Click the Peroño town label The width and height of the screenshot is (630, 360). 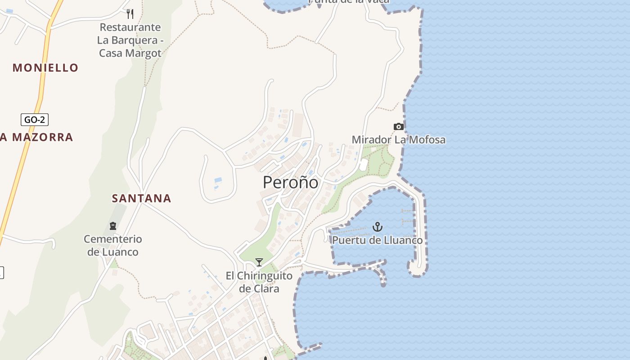(x=290, y=182)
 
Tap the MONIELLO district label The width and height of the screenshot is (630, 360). (x=45, y=68)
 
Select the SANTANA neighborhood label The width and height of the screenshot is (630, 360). (x=141, y=198)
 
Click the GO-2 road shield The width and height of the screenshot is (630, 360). (x=35, y=120)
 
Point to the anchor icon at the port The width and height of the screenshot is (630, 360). (x=378, y=227)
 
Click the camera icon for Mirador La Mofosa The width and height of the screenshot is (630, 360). (x=398, y=126)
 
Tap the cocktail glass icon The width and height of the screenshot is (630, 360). (x=259, y=262)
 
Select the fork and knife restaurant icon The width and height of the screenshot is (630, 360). (x=130, y=14)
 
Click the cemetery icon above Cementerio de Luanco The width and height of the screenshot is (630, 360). (x=112, y=225)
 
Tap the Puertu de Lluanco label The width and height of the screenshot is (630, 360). (x=377, y=240)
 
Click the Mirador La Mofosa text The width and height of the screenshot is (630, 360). (x=398, y=139)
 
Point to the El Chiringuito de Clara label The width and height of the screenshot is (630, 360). (x=259, y=282)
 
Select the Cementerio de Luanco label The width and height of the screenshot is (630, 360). (x=112, y=245)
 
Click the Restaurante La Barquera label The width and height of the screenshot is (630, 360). (x=130, y=34)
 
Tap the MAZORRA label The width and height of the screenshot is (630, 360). (x=42, y=137)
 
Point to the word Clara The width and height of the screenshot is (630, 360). (x=266, y=288)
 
